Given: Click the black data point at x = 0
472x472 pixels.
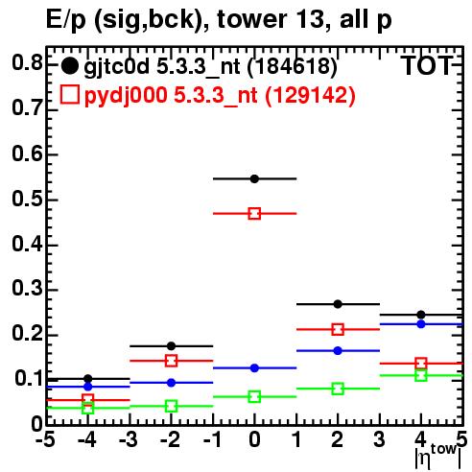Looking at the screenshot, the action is (x=254, y=178).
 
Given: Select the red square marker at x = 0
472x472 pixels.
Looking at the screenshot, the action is (x=254, y=214).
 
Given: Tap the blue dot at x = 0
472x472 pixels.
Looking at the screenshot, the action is (x=254, y=368).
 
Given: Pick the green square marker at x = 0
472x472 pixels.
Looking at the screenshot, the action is (x=254, y=397).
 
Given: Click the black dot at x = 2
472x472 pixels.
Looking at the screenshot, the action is (x=338, y=304).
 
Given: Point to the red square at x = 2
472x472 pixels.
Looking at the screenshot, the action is (x=338, y=329).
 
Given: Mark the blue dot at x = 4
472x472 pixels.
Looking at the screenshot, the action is (x=421, y=324).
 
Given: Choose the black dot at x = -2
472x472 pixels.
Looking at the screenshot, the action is (x=172, y=346).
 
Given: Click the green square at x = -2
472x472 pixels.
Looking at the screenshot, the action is (x=172, y=407).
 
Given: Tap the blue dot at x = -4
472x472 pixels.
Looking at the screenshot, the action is (x=88, y=387).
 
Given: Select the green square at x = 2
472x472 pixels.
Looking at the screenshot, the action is (x=338, y=389).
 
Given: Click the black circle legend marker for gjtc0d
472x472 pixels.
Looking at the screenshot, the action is (x=69, y=66).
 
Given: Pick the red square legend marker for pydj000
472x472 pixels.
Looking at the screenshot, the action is (x=70, y=95).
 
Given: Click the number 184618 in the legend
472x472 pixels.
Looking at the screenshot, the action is (x=292, y=66).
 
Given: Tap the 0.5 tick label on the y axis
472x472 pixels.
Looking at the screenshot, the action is (x=27, y=200).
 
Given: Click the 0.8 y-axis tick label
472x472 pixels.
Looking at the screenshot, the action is (x=27, y=63).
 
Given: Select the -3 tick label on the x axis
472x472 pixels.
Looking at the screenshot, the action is (x=129, y=439).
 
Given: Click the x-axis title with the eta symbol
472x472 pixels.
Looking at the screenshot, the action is (x=437, y=458).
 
